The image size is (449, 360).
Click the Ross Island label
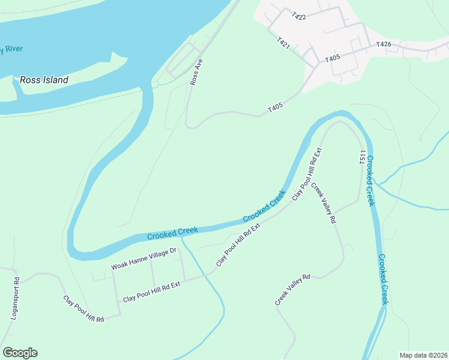tap(44, 79)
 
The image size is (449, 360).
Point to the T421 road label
tap(284, 43)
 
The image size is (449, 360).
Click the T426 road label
tap(384, 44)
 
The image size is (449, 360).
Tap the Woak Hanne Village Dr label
tap(143, 259)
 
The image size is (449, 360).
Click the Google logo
tap(20, 353)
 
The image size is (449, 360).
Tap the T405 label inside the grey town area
tap(333, 59)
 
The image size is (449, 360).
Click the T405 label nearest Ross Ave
tap(276, 108)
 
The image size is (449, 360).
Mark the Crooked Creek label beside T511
tap(370, 181)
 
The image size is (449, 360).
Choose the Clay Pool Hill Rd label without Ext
tap(84, 309)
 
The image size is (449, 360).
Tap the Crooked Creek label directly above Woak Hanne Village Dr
tap(172, 233)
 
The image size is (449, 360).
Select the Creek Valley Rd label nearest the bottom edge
tap(292, 290)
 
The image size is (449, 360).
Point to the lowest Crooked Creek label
tap(383, 278)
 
